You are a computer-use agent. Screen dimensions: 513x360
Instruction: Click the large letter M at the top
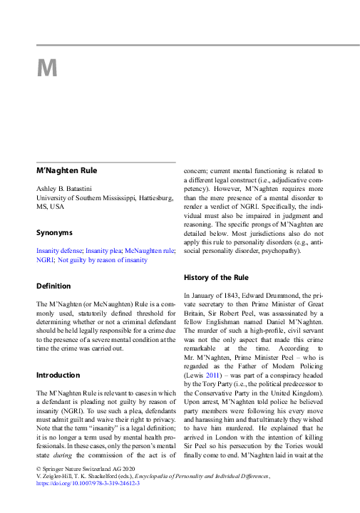pos(46,68)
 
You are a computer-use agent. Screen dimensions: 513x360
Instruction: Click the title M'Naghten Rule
pos(66,170)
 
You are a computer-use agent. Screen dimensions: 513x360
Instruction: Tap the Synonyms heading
pos(54,232)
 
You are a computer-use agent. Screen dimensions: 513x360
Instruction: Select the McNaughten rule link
pos(150,251)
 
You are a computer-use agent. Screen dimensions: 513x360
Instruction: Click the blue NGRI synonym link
pos(44,260)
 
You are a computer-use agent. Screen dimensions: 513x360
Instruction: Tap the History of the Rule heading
pos(216,276)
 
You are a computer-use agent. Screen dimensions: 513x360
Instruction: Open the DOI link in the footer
pos(88,483)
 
